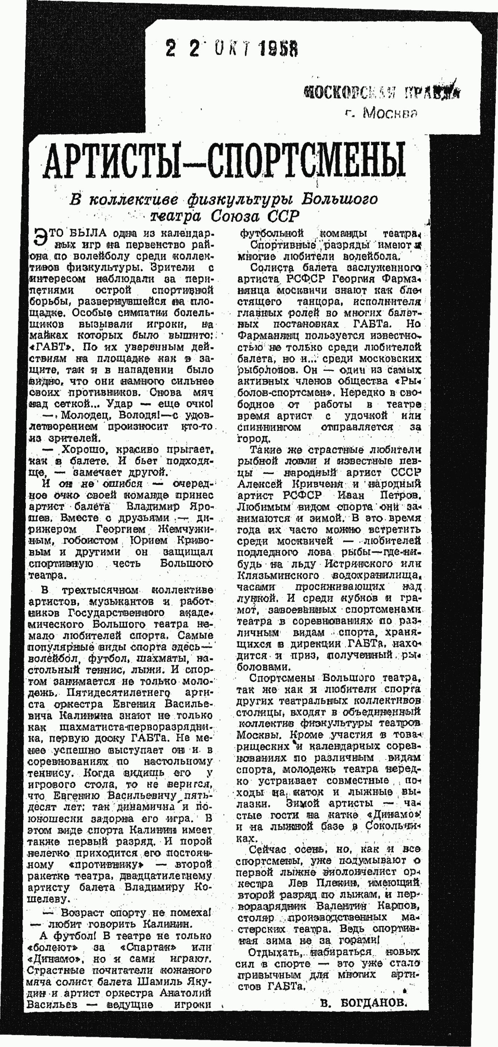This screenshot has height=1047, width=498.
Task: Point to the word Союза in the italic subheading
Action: point(236,216)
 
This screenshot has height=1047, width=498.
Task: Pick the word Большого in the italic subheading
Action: point(340,199)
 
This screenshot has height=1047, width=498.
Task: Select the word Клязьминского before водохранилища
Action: point(278,575)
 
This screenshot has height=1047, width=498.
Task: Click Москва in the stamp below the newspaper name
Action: point(390,113)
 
